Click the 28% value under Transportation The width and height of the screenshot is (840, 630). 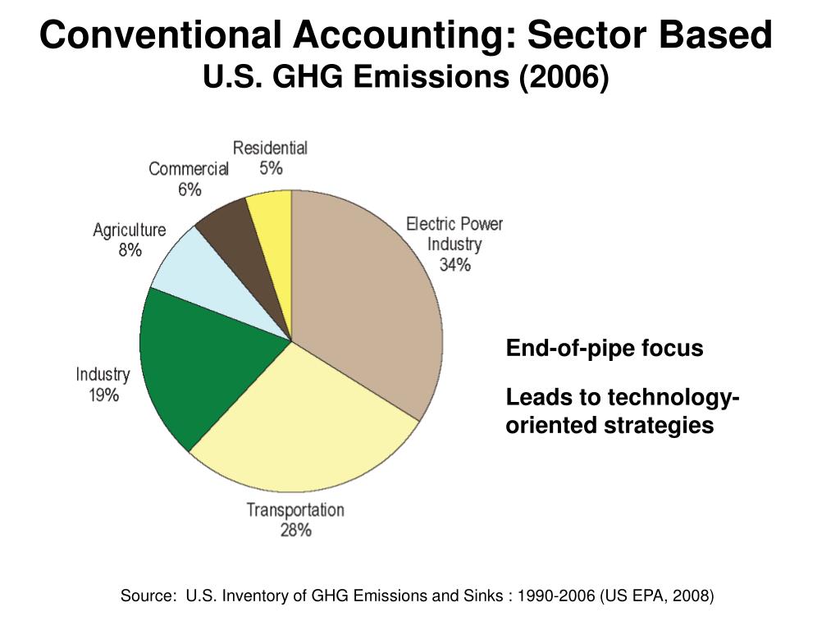295,530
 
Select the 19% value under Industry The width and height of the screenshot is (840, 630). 103,395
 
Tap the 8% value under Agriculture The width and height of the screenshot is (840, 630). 130,250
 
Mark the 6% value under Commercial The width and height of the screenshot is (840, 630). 189,189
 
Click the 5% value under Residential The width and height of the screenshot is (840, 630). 271,168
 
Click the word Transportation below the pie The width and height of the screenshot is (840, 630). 295,509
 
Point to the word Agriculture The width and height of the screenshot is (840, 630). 130,231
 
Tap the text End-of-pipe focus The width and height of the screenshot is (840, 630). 605,349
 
